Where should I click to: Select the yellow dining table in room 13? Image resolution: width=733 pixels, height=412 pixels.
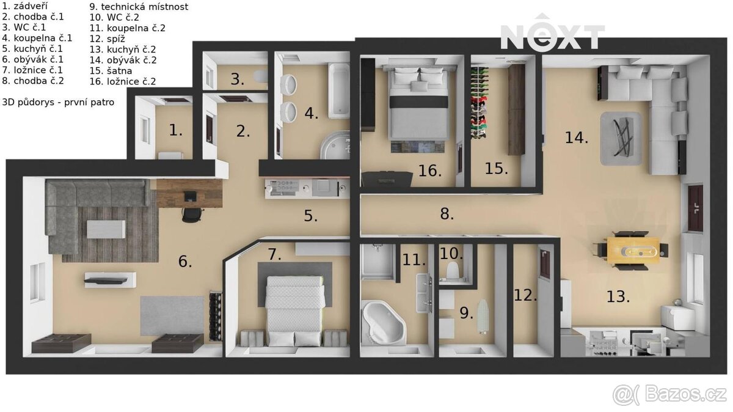(x=633, y=250)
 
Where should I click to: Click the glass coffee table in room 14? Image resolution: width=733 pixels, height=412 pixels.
(x=621, y=138)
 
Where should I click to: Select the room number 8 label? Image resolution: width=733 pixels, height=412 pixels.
(x=447, y=214)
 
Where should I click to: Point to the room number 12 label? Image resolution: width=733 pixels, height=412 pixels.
(x=525, y=295)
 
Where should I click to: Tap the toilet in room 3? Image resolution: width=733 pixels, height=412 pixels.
(x=260, y=76)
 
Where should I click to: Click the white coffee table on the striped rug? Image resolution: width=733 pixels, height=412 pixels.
(x=106, y=229)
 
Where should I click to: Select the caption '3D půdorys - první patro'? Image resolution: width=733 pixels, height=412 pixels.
(x=58, y=103)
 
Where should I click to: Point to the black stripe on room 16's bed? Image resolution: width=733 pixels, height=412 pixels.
(x=418, y=101)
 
